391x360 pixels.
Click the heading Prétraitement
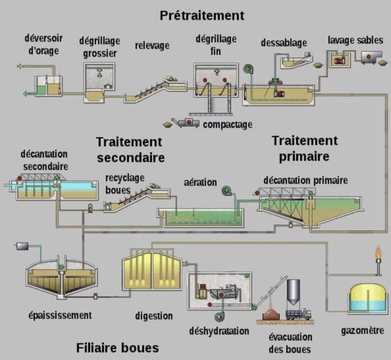pos(202,16)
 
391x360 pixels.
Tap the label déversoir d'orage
pos(44,44)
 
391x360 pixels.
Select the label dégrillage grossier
pos(100,47)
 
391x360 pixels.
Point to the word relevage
pos(152,46)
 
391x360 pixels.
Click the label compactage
pos(228,124)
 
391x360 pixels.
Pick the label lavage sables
pos(355,40)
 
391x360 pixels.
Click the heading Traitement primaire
pos(304,149)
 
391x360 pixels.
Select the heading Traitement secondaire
pos(130,149)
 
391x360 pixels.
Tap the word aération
pos(200,182)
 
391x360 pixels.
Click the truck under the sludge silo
pos(298,314)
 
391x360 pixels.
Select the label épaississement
pos(60,315)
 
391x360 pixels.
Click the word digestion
pos(154,316)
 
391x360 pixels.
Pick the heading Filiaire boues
pos(117,348)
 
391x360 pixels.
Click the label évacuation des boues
pos(290,343)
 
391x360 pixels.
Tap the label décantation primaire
pos(305,180)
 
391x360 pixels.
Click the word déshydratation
pos(219,331)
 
